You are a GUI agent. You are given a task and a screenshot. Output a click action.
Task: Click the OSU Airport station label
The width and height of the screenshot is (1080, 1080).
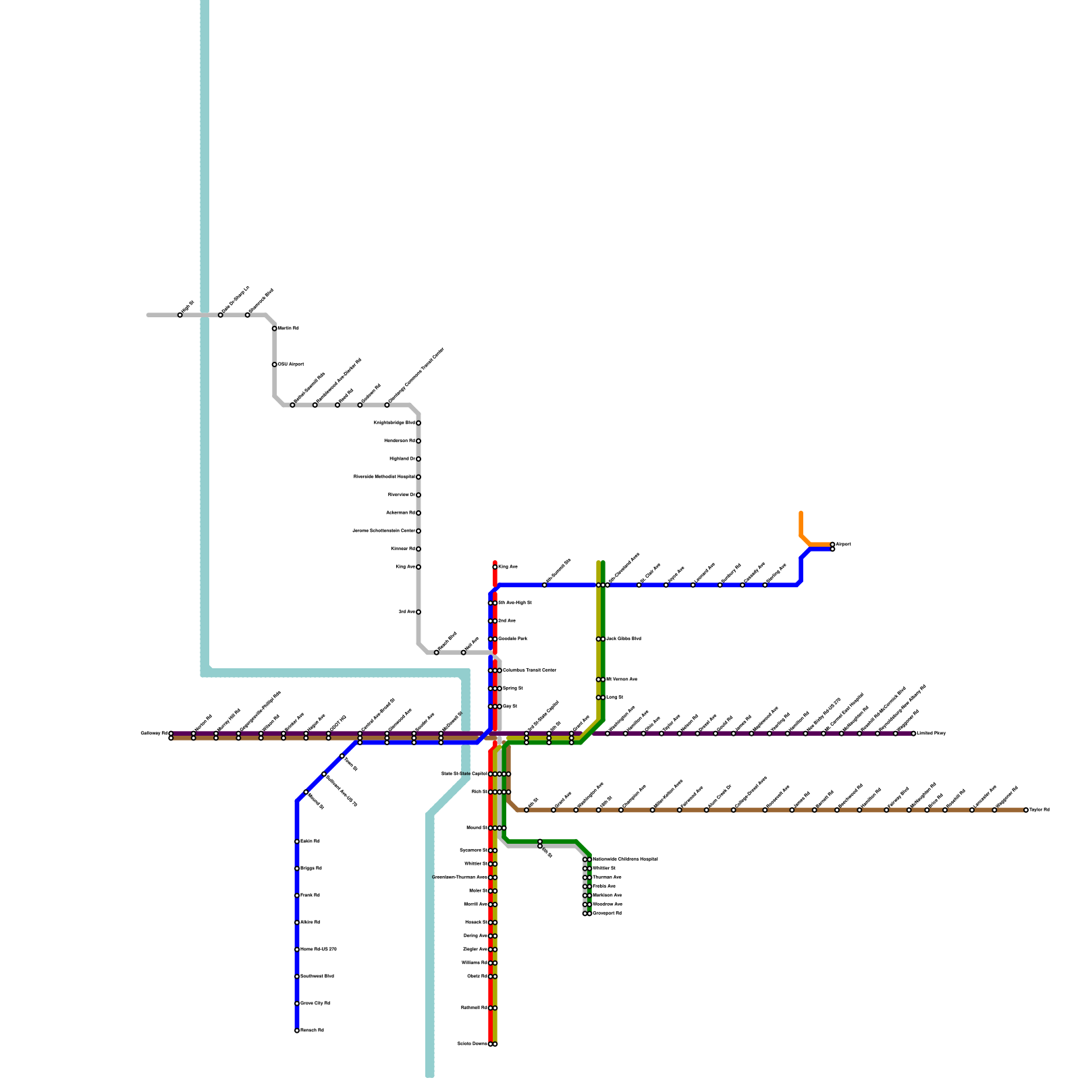pos(291,364)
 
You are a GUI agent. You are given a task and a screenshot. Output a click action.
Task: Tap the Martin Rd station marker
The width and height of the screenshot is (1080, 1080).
pos(274,329)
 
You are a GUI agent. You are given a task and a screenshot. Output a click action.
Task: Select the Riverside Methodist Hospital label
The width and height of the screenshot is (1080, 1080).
pos(384,477)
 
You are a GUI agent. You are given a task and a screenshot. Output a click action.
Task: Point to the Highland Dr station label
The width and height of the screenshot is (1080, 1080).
pos(402,459)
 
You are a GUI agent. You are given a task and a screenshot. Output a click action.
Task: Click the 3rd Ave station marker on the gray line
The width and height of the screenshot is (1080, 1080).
pos(418,612)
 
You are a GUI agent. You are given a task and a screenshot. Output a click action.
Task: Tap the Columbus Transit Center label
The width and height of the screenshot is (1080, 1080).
pos(529,670)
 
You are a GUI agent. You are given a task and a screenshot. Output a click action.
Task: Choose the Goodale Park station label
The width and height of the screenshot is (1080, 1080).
pos(512,639)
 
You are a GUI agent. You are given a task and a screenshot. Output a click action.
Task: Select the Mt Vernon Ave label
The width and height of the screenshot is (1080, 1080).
pos(621,680)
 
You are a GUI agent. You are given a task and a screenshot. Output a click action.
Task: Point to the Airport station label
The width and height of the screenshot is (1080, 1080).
pos(843,544)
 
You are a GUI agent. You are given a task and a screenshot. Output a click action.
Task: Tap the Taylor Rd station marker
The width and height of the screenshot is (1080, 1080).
pos(1026,810)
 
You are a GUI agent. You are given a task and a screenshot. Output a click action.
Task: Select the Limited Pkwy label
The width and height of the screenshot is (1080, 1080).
pos(931,733)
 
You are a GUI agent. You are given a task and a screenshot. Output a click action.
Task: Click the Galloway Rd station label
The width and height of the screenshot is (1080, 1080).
pos(154,733)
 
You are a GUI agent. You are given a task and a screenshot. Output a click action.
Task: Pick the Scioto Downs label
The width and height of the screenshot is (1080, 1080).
pos(472,1044)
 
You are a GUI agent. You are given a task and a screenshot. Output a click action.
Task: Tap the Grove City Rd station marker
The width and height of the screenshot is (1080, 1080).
pos(297,1004)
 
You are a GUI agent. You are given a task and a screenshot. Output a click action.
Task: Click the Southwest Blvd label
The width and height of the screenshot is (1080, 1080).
pos(317,977)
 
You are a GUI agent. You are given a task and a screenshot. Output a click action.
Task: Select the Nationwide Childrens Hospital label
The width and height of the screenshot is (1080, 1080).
pos(624,859)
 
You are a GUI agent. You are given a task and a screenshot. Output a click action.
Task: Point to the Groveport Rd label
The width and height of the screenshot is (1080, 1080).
pos(606,913)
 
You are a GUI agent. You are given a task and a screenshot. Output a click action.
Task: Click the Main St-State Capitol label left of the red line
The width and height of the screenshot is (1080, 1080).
pos(464,774)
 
